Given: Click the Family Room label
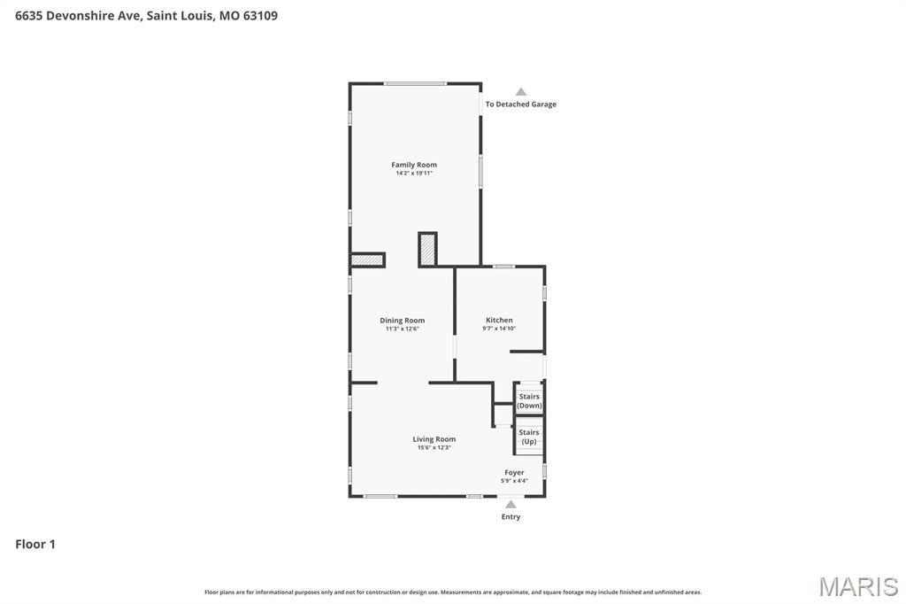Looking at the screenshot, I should click(x=414, y=165).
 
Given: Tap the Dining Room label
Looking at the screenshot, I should click(x=402, y=321).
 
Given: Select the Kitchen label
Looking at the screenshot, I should click(x=499, y=321).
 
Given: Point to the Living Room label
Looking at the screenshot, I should click(x=434, y=439).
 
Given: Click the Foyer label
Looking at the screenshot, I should click(x=514, y=473).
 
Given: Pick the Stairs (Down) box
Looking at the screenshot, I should click(x=529, y=401).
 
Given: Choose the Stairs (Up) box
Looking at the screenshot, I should click(x=529, y=437).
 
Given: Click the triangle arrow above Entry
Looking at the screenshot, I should click(x=511, y=505).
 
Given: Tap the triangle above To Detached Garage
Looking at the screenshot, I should click(x=521, y=92).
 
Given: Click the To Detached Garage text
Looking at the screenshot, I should click(x=520, y=105).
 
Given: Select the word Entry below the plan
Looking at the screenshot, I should click(x=511, y=517).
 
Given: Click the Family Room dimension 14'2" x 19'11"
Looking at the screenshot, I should click(x=414, y=174).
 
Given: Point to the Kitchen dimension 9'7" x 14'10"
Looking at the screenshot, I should click(x=499, y=329).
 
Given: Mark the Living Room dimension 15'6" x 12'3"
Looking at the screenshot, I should click(x=434, y=448).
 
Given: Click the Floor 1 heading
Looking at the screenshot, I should click(x=35, y=544).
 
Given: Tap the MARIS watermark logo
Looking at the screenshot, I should click(x=858, y=586).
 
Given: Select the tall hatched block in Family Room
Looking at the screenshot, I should click(x=427, y=249).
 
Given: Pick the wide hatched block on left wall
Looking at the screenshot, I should click(x=367, y=260).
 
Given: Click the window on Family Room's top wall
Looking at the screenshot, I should click(x=414, y=83).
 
